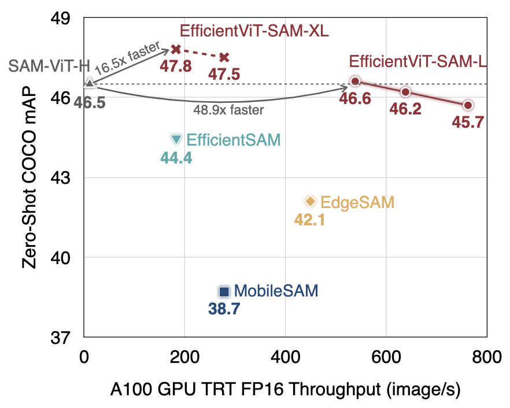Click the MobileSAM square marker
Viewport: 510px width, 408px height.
(x=224, y=291)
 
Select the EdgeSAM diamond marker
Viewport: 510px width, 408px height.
(x=311, y=201)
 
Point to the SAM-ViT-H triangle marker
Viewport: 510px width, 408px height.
(x=89, y=83)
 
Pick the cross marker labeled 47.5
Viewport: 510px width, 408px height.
(x=224, y=57)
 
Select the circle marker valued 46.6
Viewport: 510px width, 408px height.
(x=355, y=81)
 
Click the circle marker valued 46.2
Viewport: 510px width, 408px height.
(x=405, y=92)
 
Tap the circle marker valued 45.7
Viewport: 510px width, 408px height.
(x=468, y=105)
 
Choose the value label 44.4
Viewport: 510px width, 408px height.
(x=176, y=157)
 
